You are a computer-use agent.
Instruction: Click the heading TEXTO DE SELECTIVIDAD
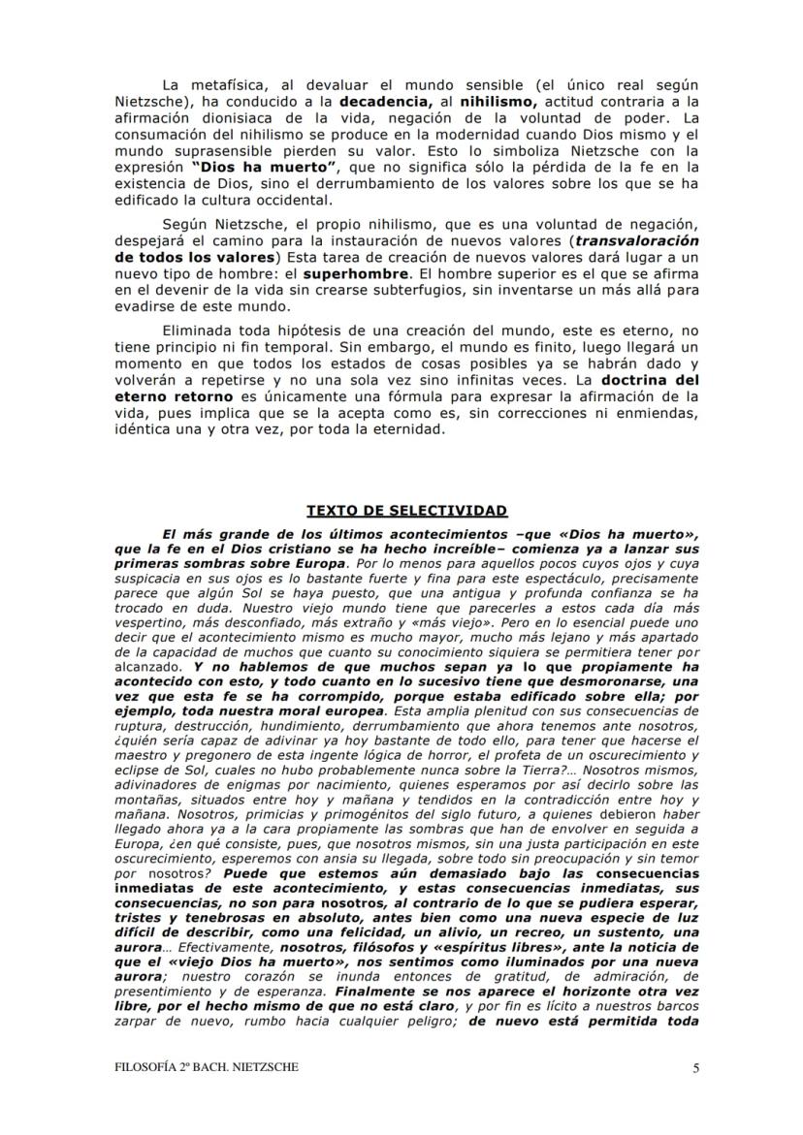(406, 511)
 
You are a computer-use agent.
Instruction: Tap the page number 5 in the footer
(695, 1068)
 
